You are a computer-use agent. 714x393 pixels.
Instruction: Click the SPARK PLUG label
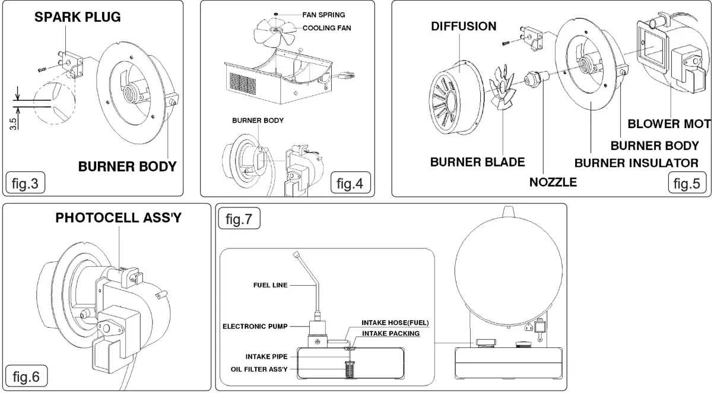(77, 17)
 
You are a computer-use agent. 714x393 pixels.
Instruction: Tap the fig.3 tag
(24, 184)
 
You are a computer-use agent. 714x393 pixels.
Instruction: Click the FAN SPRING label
(323, 15)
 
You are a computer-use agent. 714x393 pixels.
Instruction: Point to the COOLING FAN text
(326, 28)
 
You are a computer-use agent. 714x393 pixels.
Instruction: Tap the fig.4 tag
(349, 184)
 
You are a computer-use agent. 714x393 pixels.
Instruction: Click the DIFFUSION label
(464, 27)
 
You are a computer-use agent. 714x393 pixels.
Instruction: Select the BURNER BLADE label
(477, 162)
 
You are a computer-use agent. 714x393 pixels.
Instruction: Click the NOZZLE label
(553, 182)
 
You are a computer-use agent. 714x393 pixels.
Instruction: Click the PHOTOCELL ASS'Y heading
(118, 218)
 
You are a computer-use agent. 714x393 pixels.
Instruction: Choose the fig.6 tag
(26, 376)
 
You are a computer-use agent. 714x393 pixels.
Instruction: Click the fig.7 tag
(239, 221)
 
